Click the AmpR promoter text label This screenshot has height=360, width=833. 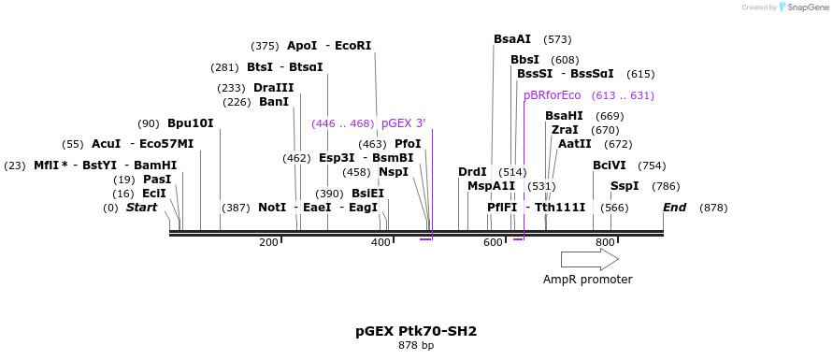pyautogui.click(x=588, y=280)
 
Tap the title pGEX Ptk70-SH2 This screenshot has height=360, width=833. pyautogui.click(x=416, y=331)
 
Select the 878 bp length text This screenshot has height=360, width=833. pyautogui.click(x=416, y=346)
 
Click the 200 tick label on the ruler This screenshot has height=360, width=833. pyautogui.click(x=268, y=243)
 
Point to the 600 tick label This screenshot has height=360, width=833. pyautogui.click(x=493, y=243)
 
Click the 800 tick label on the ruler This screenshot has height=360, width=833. pyautogui.click(x=605, y=243)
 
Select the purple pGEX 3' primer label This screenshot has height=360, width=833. pyautogui.click(x=403, y=123)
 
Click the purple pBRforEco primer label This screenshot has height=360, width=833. pyautogui.click(x=552, y=95)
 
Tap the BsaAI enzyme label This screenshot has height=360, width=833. pyautogui.click(x=512, y=39)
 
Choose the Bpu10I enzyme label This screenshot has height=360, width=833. pyautogui.click(x=191, y=123)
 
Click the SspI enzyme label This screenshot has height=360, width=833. pyautogui.click(x=625, y=186)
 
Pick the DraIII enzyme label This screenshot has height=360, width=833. pyautogui.click(x=274, y=88)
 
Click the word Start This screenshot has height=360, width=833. pyautogui.click(x=142, y=208)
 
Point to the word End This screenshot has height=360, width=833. pyautogui.click(x=674, y=208)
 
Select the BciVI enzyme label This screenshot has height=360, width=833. pyautogui.click(x=610, y=166)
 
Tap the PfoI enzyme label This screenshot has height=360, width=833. pyautogui.click(x=408, y=144)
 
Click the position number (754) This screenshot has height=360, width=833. pyautogui.click(x=652, y=166)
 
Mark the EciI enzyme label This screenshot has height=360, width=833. pyautogui.click(x=154, y=194)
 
